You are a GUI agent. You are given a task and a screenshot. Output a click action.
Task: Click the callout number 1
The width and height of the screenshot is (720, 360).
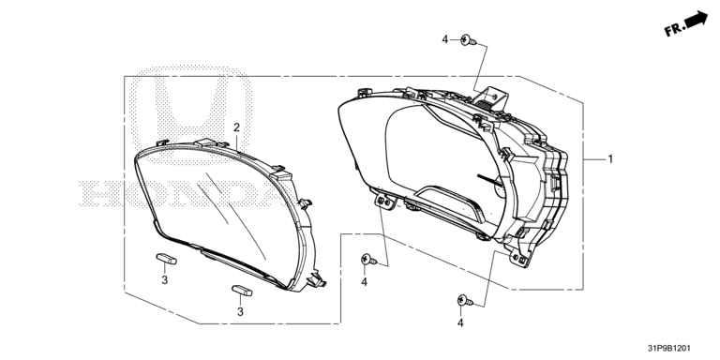[610, 159]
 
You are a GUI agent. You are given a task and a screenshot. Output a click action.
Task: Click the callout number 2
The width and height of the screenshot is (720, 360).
[236, 127]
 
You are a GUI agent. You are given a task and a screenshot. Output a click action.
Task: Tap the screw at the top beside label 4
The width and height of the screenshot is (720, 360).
[469, 41]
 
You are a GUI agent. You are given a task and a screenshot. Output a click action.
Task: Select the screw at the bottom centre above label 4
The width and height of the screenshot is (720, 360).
[369, 260]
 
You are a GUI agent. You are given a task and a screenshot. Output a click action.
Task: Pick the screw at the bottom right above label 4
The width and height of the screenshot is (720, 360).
[465, 301]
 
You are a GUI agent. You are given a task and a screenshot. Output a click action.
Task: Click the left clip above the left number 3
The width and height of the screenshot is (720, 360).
[166, 259]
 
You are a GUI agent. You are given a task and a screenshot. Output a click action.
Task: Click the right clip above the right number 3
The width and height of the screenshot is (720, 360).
[242, 291]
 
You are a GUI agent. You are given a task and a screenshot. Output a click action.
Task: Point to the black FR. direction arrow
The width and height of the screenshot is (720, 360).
[696, 20]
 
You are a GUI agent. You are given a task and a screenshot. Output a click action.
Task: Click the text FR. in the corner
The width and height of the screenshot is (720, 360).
[674, 30]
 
